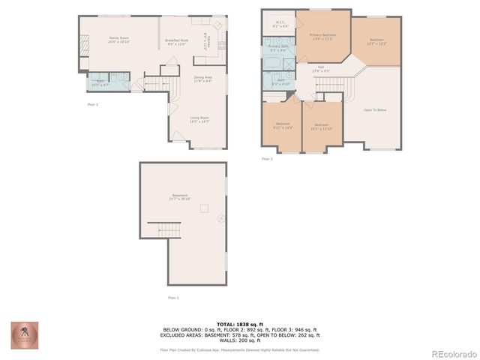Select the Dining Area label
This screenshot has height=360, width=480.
coord(202,79)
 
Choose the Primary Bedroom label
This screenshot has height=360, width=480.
coord(322,37)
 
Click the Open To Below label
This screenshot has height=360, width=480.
coord(375,110)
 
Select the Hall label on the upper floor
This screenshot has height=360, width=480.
coord(320,69)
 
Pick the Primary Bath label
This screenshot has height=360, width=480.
coord(279,49)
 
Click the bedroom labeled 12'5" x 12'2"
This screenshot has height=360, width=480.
coord(376,41)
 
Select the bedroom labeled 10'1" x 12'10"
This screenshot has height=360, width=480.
coord(321,126)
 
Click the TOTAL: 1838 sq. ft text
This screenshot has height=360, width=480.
coord(239,324)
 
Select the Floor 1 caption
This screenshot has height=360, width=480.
coord(173,298)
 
